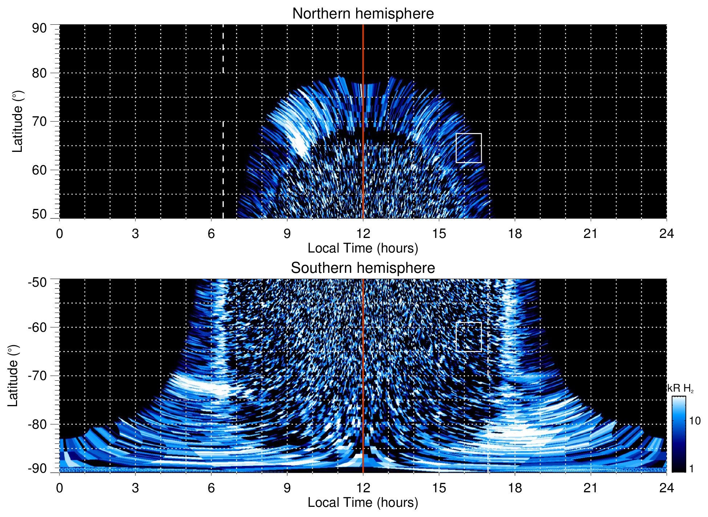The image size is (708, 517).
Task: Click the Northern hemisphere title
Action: [x=363, y=14]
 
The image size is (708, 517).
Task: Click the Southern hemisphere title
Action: [x=363, y=268]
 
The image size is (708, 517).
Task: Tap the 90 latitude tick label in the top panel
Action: [x=39, y=28]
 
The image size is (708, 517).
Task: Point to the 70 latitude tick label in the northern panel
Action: [x=39, y=121]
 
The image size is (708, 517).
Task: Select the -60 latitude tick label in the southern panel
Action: [x=37, y=327]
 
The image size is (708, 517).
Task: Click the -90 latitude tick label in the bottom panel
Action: [x=37, y=469]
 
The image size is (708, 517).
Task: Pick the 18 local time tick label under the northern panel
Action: [x=515, y=234]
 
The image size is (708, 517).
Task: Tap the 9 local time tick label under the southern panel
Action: [x=287, y=488]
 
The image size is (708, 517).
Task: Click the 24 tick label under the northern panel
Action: [x=666, y=234]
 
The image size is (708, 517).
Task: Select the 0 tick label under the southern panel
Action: [x=60, y=488]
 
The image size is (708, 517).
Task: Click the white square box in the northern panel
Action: [x=469, y=148]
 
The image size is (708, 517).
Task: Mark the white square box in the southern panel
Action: [x=469, y=337]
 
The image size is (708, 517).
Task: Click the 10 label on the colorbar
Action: [x=695, y=421]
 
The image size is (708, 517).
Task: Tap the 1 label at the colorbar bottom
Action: [x=691, y=469]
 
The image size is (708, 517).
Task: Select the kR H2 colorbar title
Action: [x=681, y=388]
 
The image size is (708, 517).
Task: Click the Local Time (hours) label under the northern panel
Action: [x=363, y=248]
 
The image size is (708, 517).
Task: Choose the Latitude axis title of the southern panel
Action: [x=13, y=376]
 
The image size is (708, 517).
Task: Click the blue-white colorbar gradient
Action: [x=679, y=434]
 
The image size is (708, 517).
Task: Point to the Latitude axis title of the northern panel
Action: [x=17, y=121]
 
